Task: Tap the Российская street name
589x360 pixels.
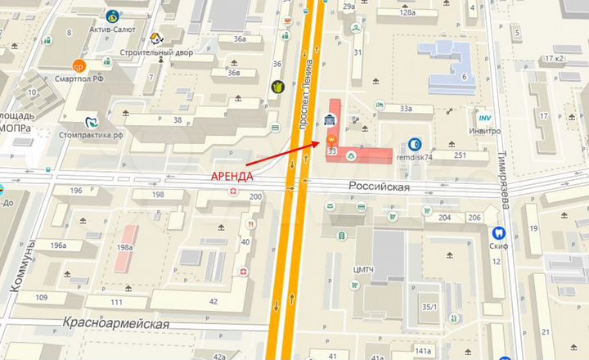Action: pyautogui.click(x=379, y=187)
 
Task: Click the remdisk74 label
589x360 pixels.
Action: pyautogui.click(x=415, y=155)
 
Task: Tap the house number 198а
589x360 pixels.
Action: pyautogui.click(x=124, y=247)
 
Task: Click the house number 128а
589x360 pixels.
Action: pyautogui.click(x=407, y=13)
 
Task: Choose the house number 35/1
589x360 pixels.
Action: pyautogui.click(x=429, y=307)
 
